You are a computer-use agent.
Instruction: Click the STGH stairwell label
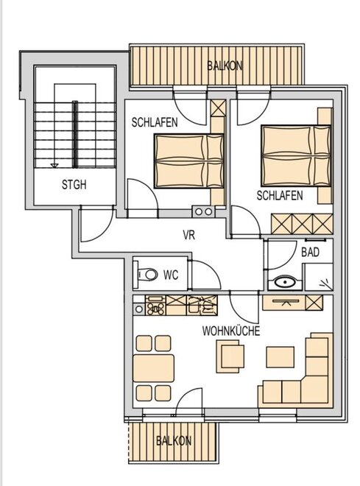pos(74,185)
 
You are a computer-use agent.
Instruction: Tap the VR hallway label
pos(189,235)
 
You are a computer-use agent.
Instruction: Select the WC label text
pos(171,275)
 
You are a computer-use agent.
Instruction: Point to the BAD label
pos(310,253)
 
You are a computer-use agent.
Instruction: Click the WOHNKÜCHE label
pos(231,331)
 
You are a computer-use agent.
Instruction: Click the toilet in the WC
pos(145,275)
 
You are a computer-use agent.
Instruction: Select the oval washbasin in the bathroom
pos(285,282)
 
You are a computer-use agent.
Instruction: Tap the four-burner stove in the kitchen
pos(155,306)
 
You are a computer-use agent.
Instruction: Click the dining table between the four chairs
pos(153,368)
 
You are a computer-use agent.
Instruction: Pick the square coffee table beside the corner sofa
pos(280,357)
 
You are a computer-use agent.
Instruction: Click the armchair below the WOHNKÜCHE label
pos(230,356)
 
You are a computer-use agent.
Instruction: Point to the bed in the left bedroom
pos(189,161)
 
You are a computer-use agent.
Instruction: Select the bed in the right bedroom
pos(296,155)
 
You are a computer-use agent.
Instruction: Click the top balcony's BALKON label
pos(225,66)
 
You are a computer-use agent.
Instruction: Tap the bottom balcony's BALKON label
pos(174,441)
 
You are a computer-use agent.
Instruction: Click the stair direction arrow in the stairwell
pos(54,165)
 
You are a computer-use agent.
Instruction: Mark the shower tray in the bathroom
pos(319,277)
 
